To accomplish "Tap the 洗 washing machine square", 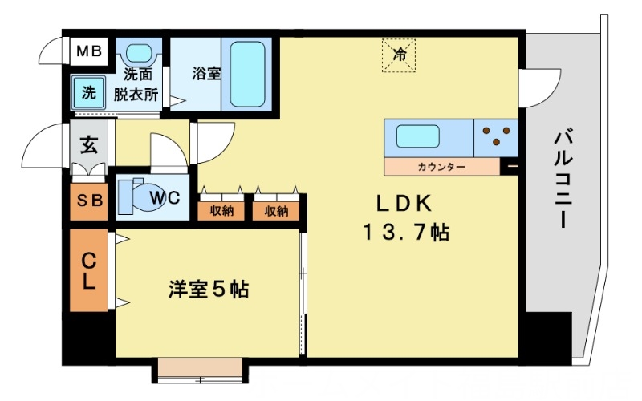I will (88, 92).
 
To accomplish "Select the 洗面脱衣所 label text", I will (138, 84).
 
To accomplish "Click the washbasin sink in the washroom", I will (138, 55).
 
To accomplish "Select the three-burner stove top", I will (497, 137).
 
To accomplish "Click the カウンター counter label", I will (441, 167).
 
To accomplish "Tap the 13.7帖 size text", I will (404, 233).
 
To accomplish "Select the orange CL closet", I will (89, 270).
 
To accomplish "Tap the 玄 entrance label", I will (88, 147).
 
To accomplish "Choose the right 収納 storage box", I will (276, 211).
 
